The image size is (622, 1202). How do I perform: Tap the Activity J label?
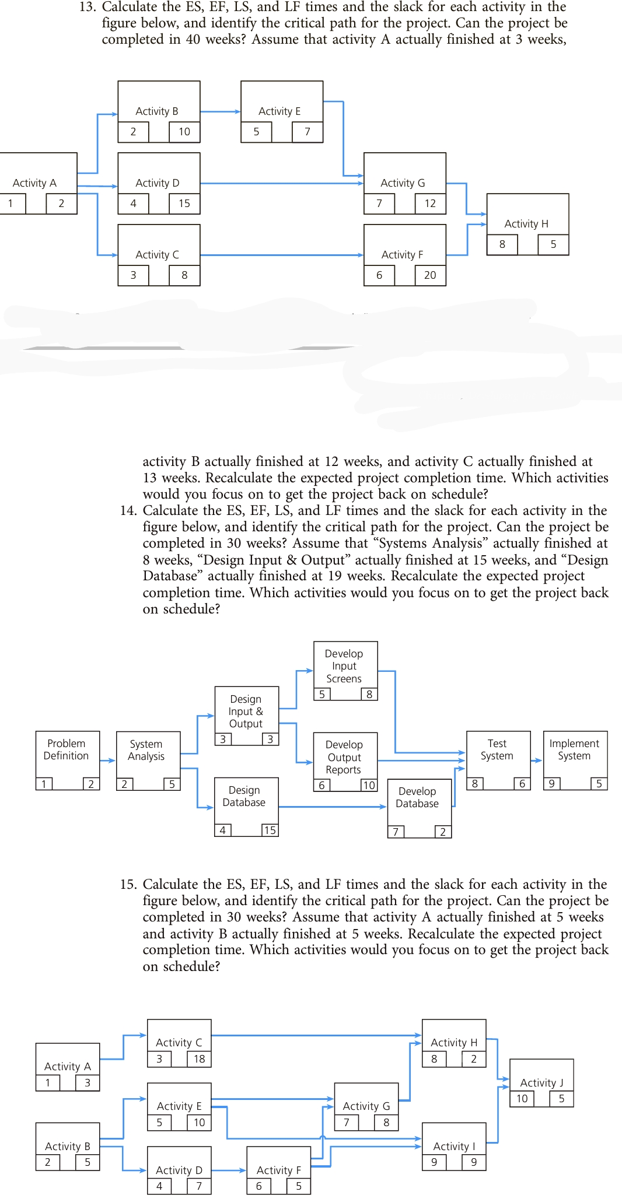click(x=541, y=1082)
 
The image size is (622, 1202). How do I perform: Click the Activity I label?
click(x=454, y=1146)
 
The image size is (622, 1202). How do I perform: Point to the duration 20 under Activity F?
click(x=430, y=275)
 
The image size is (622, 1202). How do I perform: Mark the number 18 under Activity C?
click(x=200, y=1059)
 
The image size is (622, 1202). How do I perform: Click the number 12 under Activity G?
click(x=430, y=204)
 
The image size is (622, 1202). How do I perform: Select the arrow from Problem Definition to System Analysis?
click(x=108, y=761)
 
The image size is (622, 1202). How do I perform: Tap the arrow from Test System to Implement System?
click(x=537, y=761)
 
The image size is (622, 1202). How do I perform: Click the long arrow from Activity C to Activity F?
click(x=280, y=255)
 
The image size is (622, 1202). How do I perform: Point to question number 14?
click(x=128, y=511)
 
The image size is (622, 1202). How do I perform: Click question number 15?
click(x=128, y=885)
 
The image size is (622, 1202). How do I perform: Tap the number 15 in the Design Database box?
click(x=270, y=830)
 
